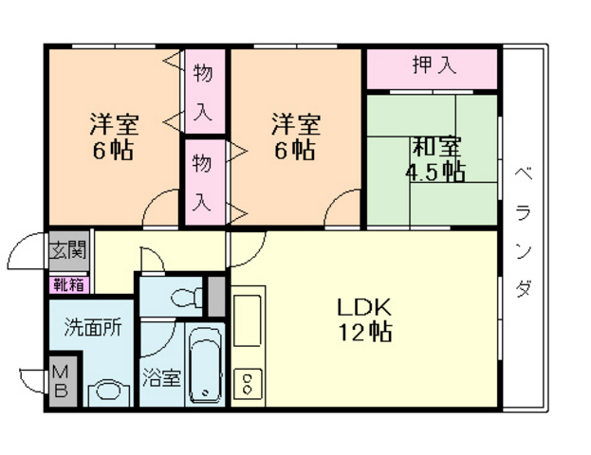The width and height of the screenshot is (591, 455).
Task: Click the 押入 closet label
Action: [434, 64]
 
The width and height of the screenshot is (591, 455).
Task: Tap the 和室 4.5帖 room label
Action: [435, 159]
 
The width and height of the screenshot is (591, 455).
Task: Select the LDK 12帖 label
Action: [364, 319]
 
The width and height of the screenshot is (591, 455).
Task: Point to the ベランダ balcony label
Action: [524, 232]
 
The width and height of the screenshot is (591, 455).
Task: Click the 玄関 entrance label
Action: [68, 250]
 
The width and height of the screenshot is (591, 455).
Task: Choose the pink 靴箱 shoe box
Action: [69, 285]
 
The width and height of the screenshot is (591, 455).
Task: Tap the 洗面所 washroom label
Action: [93, 327]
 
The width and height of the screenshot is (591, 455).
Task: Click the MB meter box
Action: [63, 381]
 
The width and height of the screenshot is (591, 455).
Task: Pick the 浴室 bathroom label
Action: [161, 378]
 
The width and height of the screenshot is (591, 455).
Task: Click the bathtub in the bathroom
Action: [205, 366]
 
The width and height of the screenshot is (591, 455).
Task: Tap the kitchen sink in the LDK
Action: [248, 320]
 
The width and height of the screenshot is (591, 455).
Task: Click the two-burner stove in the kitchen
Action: [248, 384]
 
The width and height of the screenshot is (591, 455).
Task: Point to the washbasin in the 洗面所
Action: [110, 392]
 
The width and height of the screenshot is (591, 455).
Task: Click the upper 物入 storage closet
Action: [205, 91]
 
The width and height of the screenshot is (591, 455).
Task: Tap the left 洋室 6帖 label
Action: [114, 136]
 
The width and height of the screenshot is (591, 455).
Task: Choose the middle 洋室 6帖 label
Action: [296, 136]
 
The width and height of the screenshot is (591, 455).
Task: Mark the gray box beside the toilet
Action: [216, 297]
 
